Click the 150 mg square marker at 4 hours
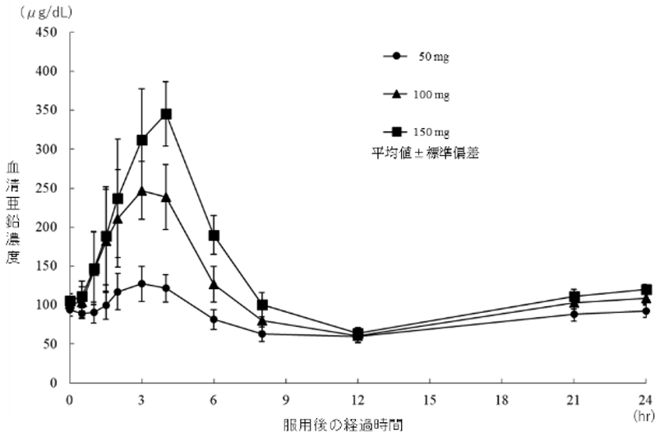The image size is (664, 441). pyautogui.click(x=166, y=114)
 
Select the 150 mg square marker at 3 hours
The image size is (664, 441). pyautogui.click(x=142, y=140)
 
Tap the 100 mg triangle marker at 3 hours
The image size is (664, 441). pyautogui.click(x=142, y=191)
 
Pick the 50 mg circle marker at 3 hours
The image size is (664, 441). pyautogui.click(x=142, y=283)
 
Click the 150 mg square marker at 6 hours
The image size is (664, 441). pyautogui.click(x=214, y=236)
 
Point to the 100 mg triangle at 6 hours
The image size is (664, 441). pyautogui.click(x=214, y=285)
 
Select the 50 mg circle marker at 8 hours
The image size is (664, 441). pyautogui.click(x=262, y=333)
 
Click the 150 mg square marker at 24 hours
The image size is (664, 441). pyautogui.click(x=647, y=289)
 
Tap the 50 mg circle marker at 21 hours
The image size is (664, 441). pyautogui.click(x=574, y=314)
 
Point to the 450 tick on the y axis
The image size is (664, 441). pyautogui.click(x=49, y=33)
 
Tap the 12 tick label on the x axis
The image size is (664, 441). pyautogui.click(x=357, y=401)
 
